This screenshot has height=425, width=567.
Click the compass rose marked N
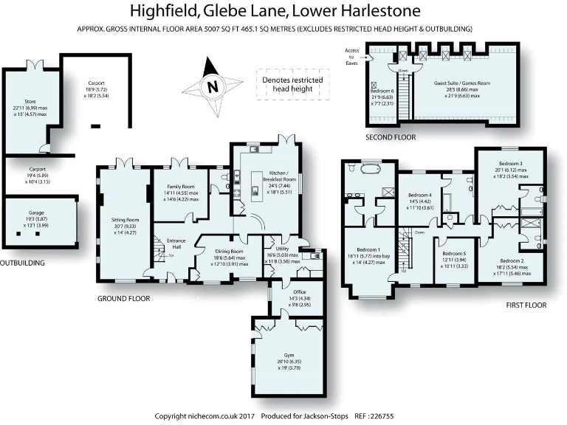pyautogui.click(x=213, y=86)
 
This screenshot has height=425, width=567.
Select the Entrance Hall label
pyautogui.click(x=176, y=244)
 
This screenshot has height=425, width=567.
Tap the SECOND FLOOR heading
pyautogui.click(x=391, y=137)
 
